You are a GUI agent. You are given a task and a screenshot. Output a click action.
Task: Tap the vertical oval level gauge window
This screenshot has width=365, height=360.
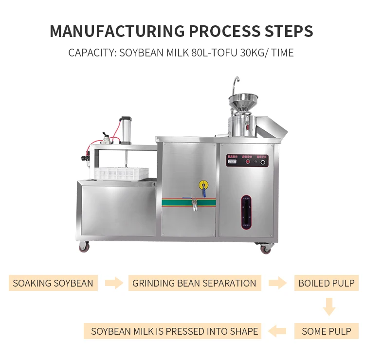click(247, 212)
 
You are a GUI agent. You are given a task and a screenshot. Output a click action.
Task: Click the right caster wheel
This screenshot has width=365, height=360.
click(266, 248)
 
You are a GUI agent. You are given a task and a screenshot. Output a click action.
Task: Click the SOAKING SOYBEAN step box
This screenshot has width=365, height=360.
click(53, 283)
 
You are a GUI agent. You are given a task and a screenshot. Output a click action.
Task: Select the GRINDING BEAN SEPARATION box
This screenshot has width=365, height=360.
click(194, 283)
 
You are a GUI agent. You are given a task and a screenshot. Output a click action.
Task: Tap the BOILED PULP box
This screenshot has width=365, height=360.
click(327, 283)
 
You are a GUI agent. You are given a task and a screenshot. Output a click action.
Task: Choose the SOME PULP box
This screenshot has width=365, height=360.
click(327, 331)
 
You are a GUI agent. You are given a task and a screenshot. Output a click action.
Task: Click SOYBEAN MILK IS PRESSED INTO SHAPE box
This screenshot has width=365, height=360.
click(175, 331)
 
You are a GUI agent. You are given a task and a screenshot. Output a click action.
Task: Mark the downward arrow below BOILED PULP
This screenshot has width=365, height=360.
click(329, 307)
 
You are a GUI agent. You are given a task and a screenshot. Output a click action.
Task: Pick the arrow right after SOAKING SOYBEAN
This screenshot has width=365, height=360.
click(114, 283)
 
